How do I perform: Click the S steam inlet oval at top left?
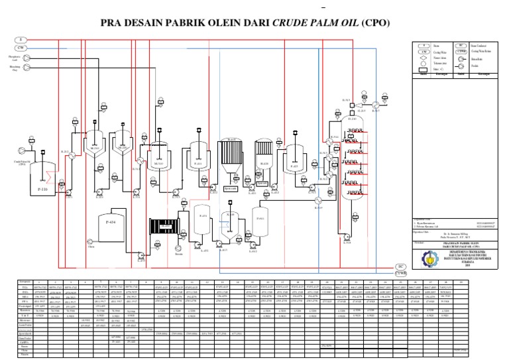point(21,40)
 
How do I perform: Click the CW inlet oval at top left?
point(21,48)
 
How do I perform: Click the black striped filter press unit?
point(160,227)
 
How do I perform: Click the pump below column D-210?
point(347,241)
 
